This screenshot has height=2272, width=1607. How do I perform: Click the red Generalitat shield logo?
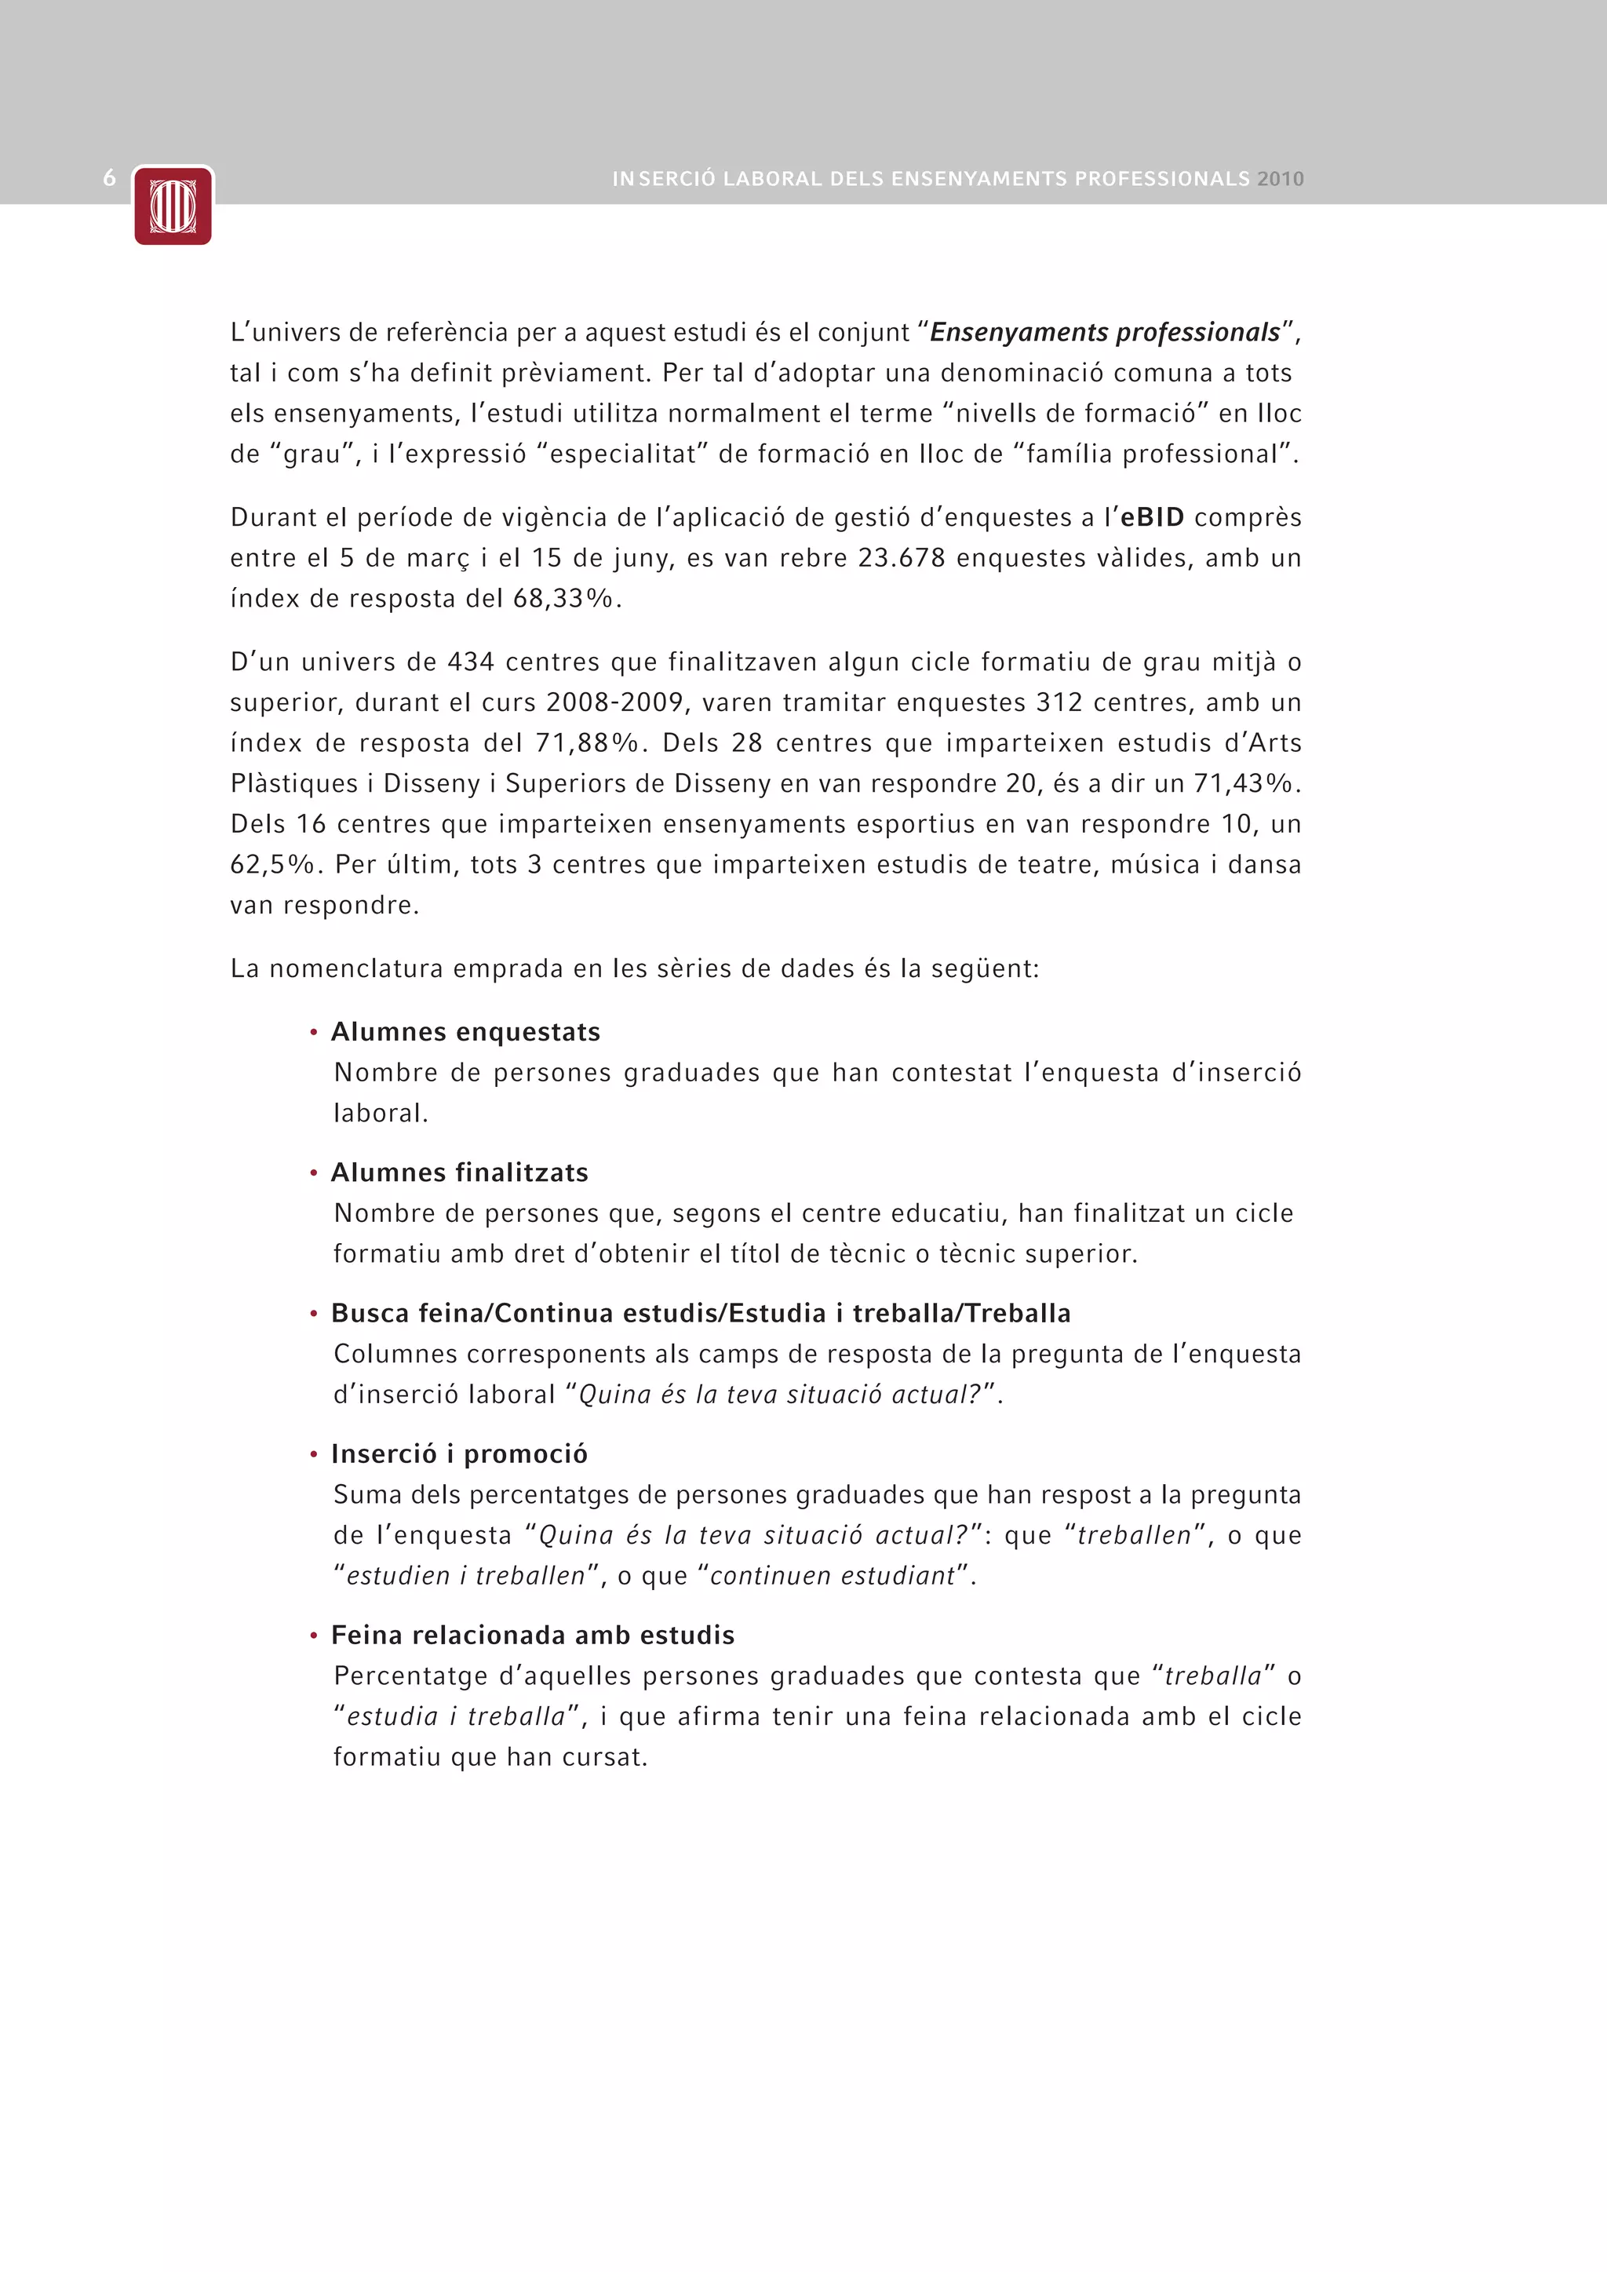point(173,206)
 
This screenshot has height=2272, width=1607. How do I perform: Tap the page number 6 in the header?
point(110,178)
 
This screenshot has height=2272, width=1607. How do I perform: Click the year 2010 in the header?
point(1281,179)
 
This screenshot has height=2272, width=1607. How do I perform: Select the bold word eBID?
point(1152,517)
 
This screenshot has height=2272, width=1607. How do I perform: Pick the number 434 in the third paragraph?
point(471,662)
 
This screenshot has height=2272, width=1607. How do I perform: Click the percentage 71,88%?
point(588,743)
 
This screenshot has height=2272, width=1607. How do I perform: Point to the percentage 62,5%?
point(272,865)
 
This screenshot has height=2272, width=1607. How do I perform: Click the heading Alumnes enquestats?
point(465,1032)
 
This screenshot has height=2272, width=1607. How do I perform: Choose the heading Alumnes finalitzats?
point(459,1172)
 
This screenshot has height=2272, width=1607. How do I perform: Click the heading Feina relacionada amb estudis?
point(532,1635)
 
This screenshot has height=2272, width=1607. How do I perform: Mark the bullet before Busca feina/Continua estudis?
point(314,1314)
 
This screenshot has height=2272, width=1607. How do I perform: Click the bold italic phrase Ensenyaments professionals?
point(1104,333)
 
